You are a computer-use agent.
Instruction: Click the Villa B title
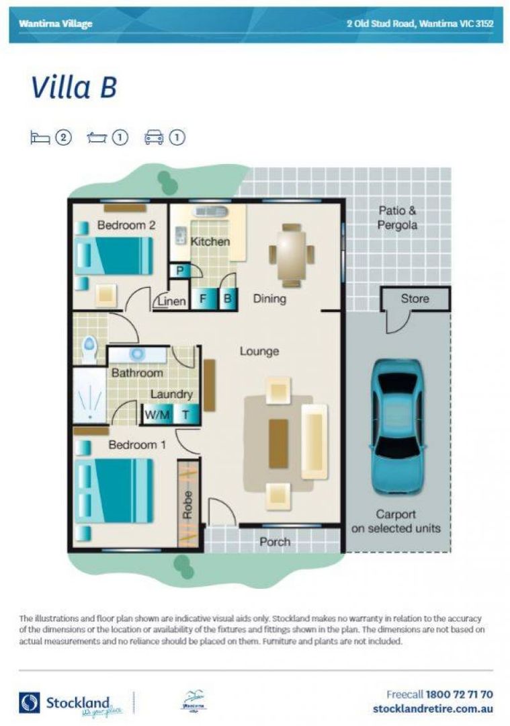point(74,87)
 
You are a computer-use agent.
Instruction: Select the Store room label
point(415,298)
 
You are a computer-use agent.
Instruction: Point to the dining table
point(292,255)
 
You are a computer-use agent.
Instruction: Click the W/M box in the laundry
point(157,415)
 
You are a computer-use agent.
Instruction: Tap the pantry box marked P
point(180,271)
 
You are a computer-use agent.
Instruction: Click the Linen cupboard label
point(171,302)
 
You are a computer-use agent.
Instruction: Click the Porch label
point(275,541)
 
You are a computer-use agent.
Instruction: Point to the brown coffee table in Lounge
point(278,444)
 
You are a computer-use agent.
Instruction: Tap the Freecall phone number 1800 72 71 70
point(460,694)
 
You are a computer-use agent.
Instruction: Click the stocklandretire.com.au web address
point(433,709)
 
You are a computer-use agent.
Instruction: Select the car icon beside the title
point(154,138)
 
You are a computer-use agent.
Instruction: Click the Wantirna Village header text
point(56,24)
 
